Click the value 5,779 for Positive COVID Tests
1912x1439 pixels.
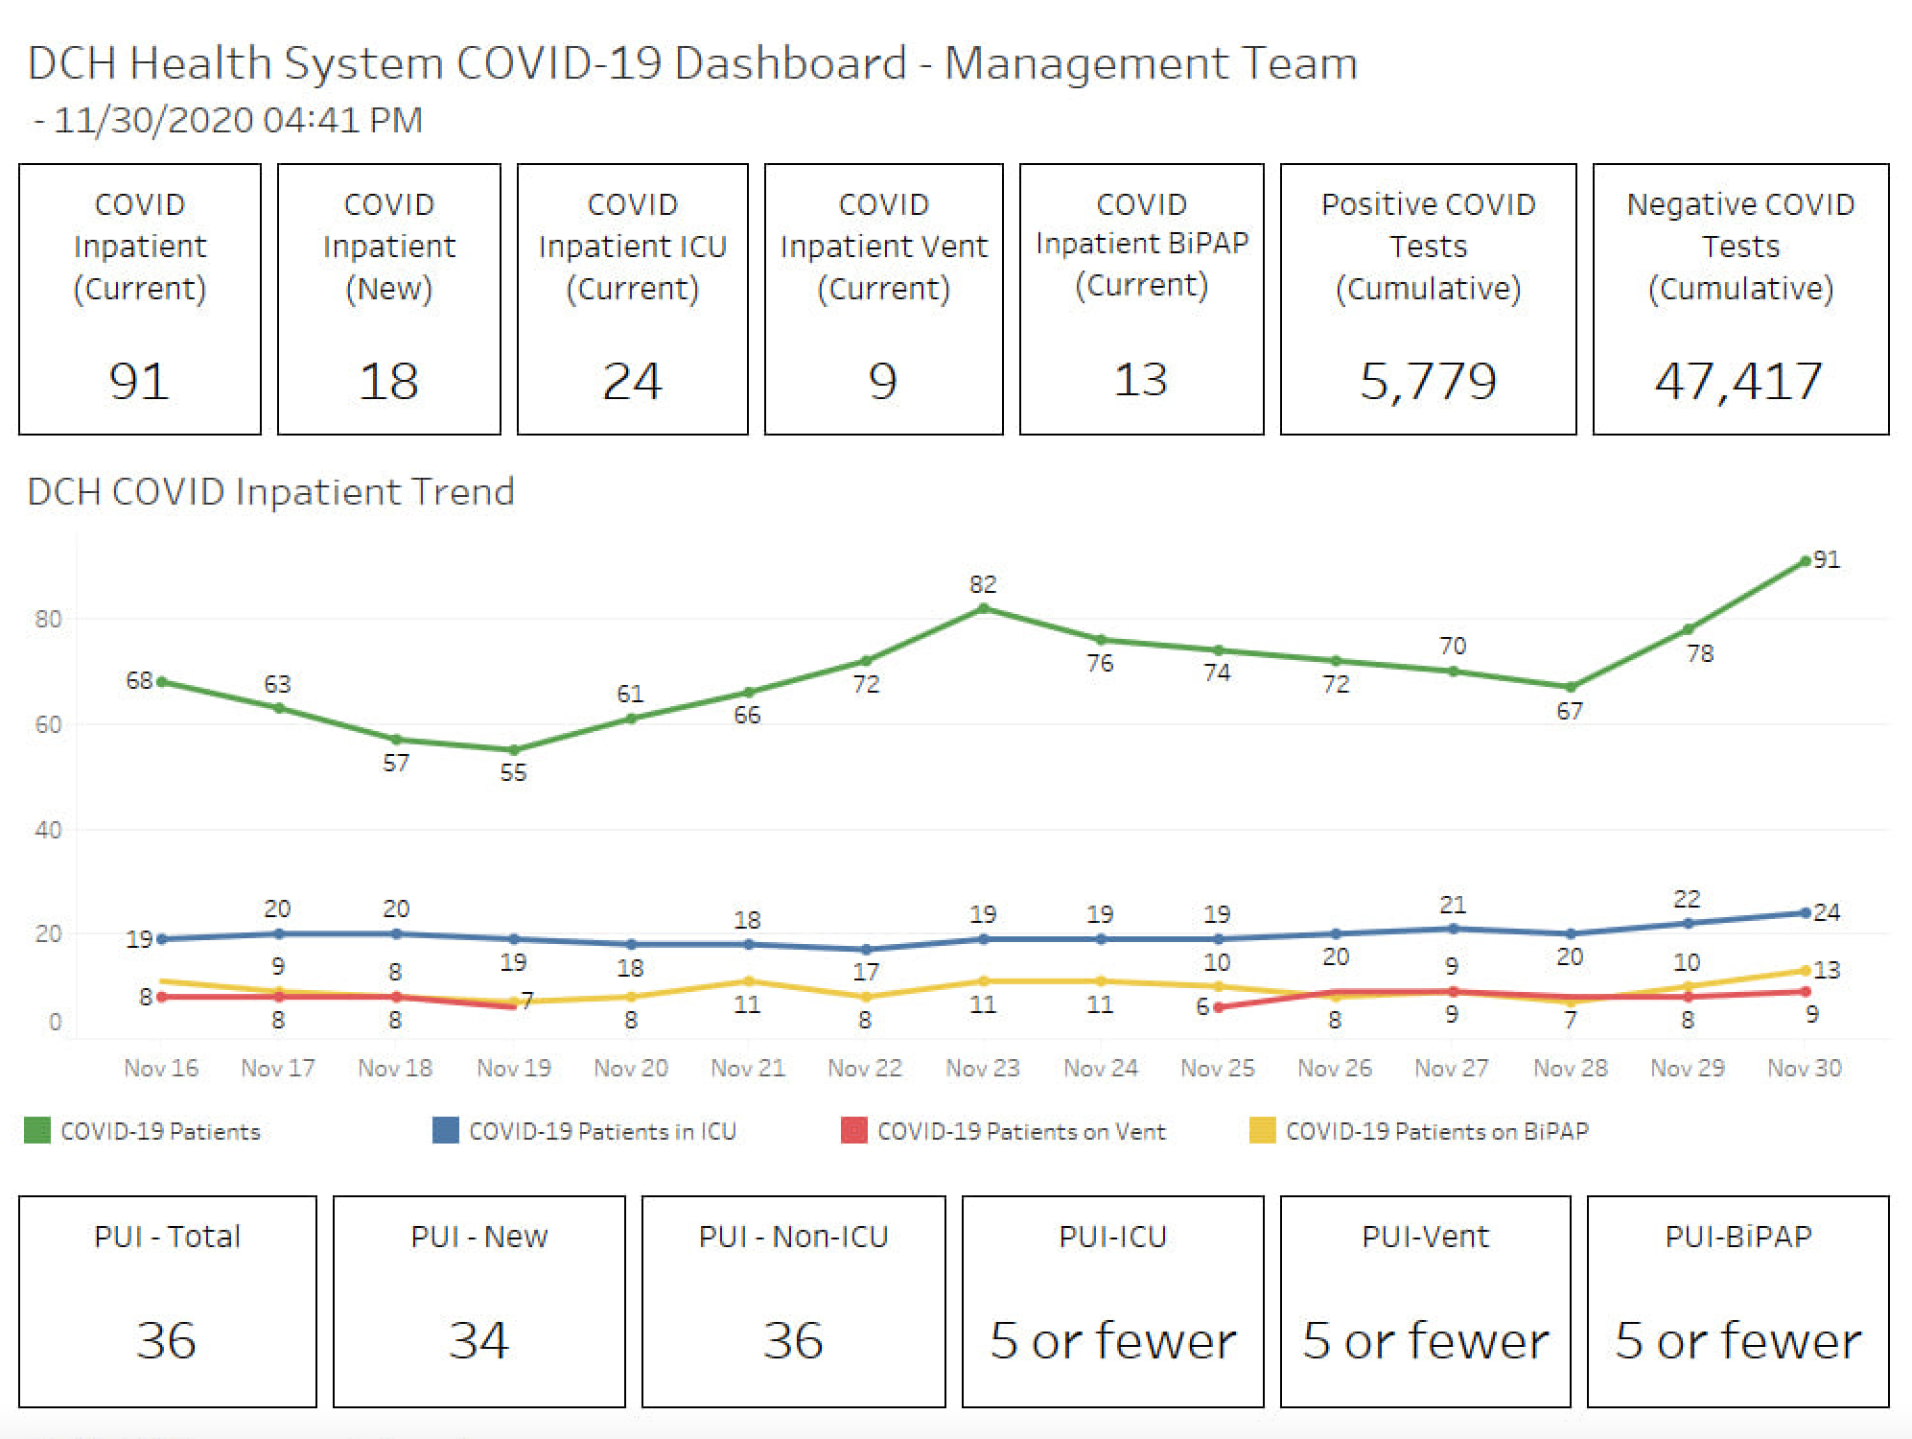coord(1428,381)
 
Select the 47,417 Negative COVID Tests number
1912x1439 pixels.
coord(1738,381)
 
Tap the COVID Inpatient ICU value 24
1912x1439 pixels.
coord(632,381)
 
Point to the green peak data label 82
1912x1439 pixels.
coord(983,584)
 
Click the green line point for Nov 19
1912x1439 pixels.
coord(514,750)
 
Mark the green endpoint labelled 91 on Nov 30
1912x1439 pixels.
coord(1806,561)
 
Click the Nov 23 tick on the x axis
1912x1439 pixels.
coord(983,1068)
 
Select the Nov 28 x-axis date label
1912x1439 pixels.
coord(1570,1068)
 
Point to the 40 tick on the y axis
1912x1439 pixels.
coord(48,830)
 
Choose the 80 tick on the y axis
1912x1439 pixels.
coord(48,619)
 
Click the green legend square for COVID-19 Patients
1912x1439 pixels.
coord(37,1130)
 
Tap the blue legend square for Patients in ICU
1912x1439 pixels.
coord(446,1130)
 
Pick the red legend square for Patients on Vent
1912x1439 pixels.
coord(854,1130)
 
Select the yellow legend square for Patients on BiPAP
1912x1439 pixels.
coord(1263,1130)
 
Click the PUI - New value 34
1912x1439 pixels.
coord(478,1339)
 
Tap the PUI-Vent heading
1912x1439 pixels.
coord(1426,1237)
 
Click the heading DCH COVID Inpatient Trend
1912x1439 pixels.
coord(270,491)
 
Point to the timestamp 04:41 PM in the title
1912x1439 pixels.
coord(342,120)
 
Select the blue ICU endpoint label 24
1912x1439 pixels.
coord(1827,911)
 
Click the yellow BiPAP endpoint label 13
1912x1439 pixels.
coord(1827,969)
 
